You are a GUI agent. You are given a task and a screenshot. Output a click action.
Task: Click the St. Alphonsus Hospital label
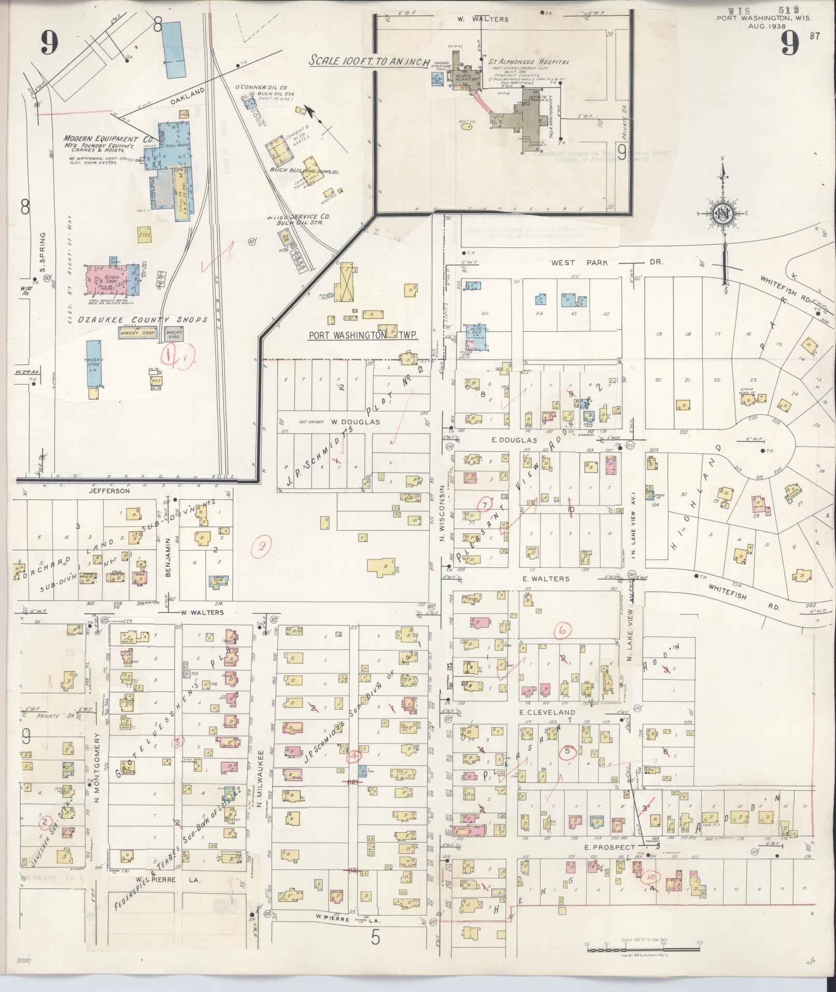pyautogui.click(x=528, y=62)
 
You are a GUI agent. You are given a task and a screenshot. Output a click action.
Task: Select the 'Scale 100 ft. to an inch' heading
pyautogui.click(x=369, y=61)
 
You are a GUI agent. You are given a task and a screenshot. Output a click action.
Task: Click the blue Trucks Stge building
pyautogui.click(x=94, y=364)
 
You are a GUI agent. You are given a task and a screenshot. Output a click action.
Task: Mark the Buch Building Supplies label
pyautogui.click(x=304, y=171)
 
